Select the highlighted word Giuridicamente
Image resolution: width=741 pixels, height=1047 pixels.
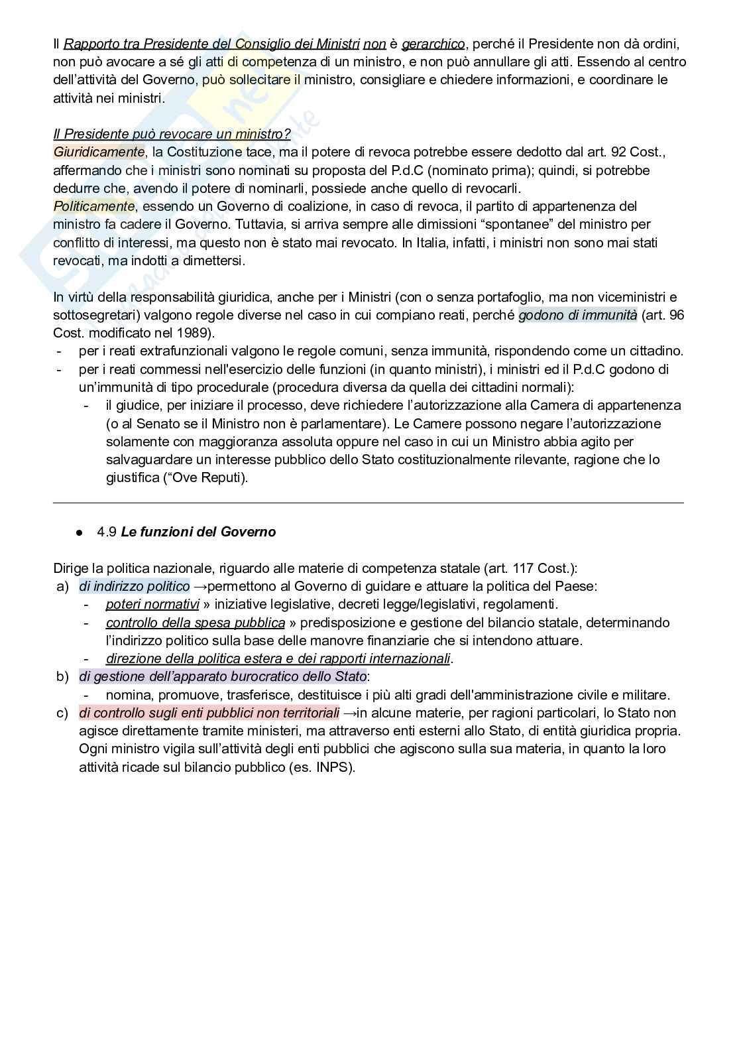click(98, 152)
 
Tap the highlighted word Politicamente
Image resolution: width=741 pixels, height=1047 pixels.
click(94, 206)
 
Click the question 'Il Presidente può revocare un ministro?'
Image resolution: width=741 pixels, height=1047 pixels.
click(172, 134)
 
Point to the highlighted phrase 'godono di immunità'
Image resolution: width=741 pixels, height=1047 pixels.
click(577, 315)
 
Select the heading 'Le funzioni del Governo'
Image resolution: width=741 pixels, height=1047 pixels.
click(198, 532)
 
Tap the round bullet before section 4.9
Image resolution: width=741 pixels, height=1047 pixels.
click(80, 532)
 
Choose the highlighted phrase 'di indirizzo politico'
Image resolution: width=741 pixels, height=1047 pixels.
click(135, 586)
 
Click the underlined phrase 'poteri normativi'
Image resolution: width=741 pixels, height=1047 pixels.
click(152, 604)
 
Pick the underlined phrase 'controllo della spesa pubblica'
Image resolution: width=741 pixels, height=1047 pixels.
click(196, 623)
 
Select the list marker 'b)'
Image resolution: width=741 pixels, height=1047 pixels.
click(63, 677)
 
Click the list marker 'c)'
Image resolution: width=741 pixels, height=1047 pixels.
click(63, 713)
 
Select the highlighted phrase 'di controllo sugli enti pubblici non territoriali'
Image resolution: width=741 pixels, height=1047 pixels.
click(209, 713)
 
